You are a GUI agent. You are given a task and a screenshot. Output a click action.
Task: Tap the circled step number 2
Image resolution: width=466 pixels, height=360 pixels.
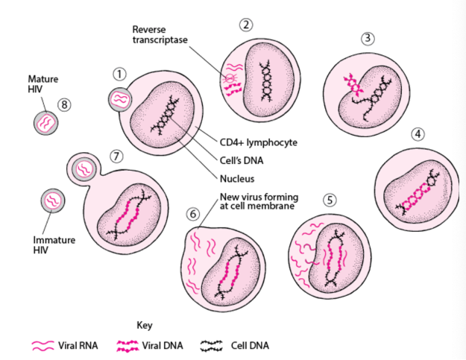246,25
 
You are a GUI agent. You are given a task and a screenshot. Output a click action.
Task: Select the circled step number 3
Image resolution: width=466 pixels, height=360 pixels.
367,38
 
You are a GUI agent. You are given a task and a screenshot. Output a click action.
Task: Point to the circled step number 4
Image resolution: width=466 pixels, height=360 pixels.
418,134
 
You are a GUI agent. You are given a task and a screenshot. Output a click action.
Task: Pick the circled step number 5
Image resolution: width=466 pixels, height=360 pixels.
330,200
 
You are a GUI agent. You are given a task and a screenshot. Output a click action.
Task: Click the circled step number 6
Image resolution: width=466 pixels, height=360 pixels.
194,213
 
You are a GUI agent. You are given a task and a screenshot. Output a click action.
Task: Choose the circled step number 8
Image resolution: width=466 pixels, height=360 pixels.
65,104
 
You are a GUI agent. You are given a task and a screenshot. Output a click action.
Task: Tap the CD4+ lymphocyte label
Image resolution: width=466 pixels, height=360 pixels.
253,142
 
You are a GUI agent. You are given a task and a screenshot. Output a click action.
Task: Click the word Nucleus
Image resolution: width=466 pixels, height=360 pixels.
237,179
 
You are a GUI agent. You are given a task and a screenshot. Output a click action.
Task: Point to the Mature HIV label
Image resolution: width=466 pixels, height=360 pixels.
43,83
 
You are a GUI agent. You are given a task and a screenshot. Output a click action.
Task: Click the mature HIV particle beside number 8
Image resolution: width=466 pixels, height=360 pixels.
46,122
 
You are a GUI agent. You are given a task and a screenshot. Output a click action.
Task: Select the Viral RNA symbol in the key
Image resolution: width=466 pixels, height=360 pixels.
42,345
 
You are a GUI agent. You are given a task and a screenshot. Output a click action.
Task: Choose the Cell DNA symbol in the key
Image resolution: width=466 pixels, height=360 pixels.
212,345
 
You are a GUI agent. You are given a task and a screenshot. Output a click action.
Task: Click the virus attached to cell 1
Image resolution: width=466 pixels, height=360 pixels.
119,98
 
